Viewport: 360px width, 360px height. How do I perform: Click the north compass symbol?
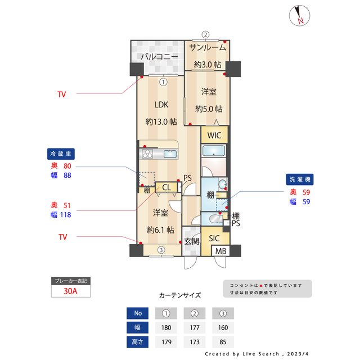[x=299, y=16]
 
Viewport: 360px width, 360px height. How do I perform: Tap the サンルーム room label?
[x=208, y=47]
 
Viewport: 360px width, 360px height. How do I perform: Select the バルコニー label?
[x=159, y=57]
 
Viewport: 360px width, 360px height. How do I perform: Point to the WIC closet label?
[x=214, y=136]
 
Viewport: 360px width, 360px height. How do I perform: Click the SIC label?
[x=214, y=238]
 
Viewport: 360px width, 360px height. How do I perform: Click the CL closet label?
[x=168, y=188]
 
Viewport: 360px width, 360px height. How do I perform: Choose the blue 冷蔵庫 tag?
[x=61, y=154]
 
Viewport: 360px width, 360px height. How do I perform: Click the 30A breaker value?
[x=70, y=291]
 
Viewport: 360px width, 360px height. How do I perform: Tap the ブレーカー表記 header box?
[x=70, y=281]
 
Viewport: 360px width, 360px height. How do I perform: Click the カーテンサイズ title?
[x=179, y=295]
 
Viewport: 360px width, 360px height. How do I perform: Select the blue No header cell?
[x=138, y=313]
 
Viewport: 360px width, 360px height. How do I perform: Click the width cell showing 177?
[x=194, y=327]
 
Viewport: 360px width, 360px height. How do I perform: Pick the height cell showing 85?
[x=223, y=341]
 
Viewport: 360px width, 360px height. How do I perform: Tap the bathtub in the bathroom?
[x=214, y=151]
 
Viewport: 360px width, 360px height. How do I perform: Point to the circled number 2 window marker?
[x=206, y=34]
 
